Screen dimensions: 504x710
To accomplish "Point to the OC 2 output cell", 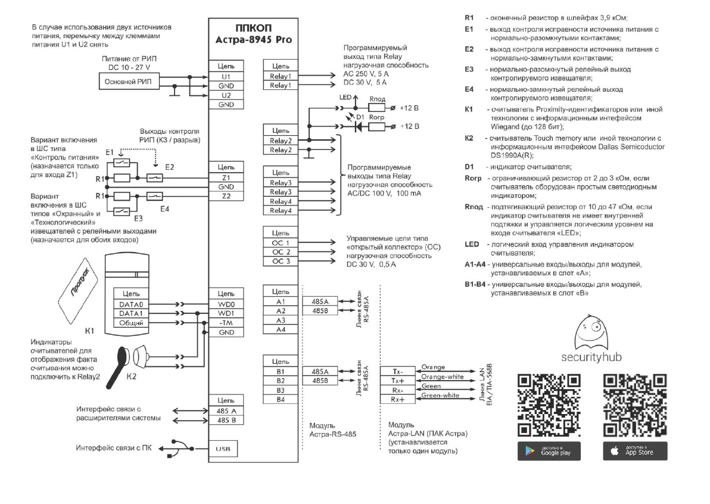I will click(280, 252).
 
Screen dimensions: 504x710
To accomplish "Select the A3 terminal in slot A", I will click(280, 320).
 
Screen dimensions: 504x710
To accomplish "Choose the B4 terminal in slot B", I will click(280, 399).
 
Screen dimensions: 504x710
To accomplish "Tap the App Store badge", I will click(635, 451).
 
